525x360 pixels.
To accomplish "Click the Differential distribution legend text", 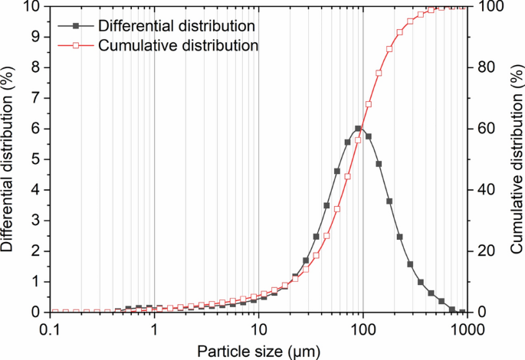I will click(x=176, y=26).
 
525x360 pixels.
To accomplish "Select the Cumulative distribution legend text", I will click(x=178, y=45).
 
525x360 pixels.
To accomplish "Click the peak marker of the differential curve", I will click(x=358, y=129).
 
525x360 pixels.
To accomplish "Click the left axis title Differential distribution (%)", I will click(x=9, y=159).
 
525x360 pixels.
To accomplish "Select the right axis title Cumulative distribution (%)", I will click(x=516, y=159).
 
